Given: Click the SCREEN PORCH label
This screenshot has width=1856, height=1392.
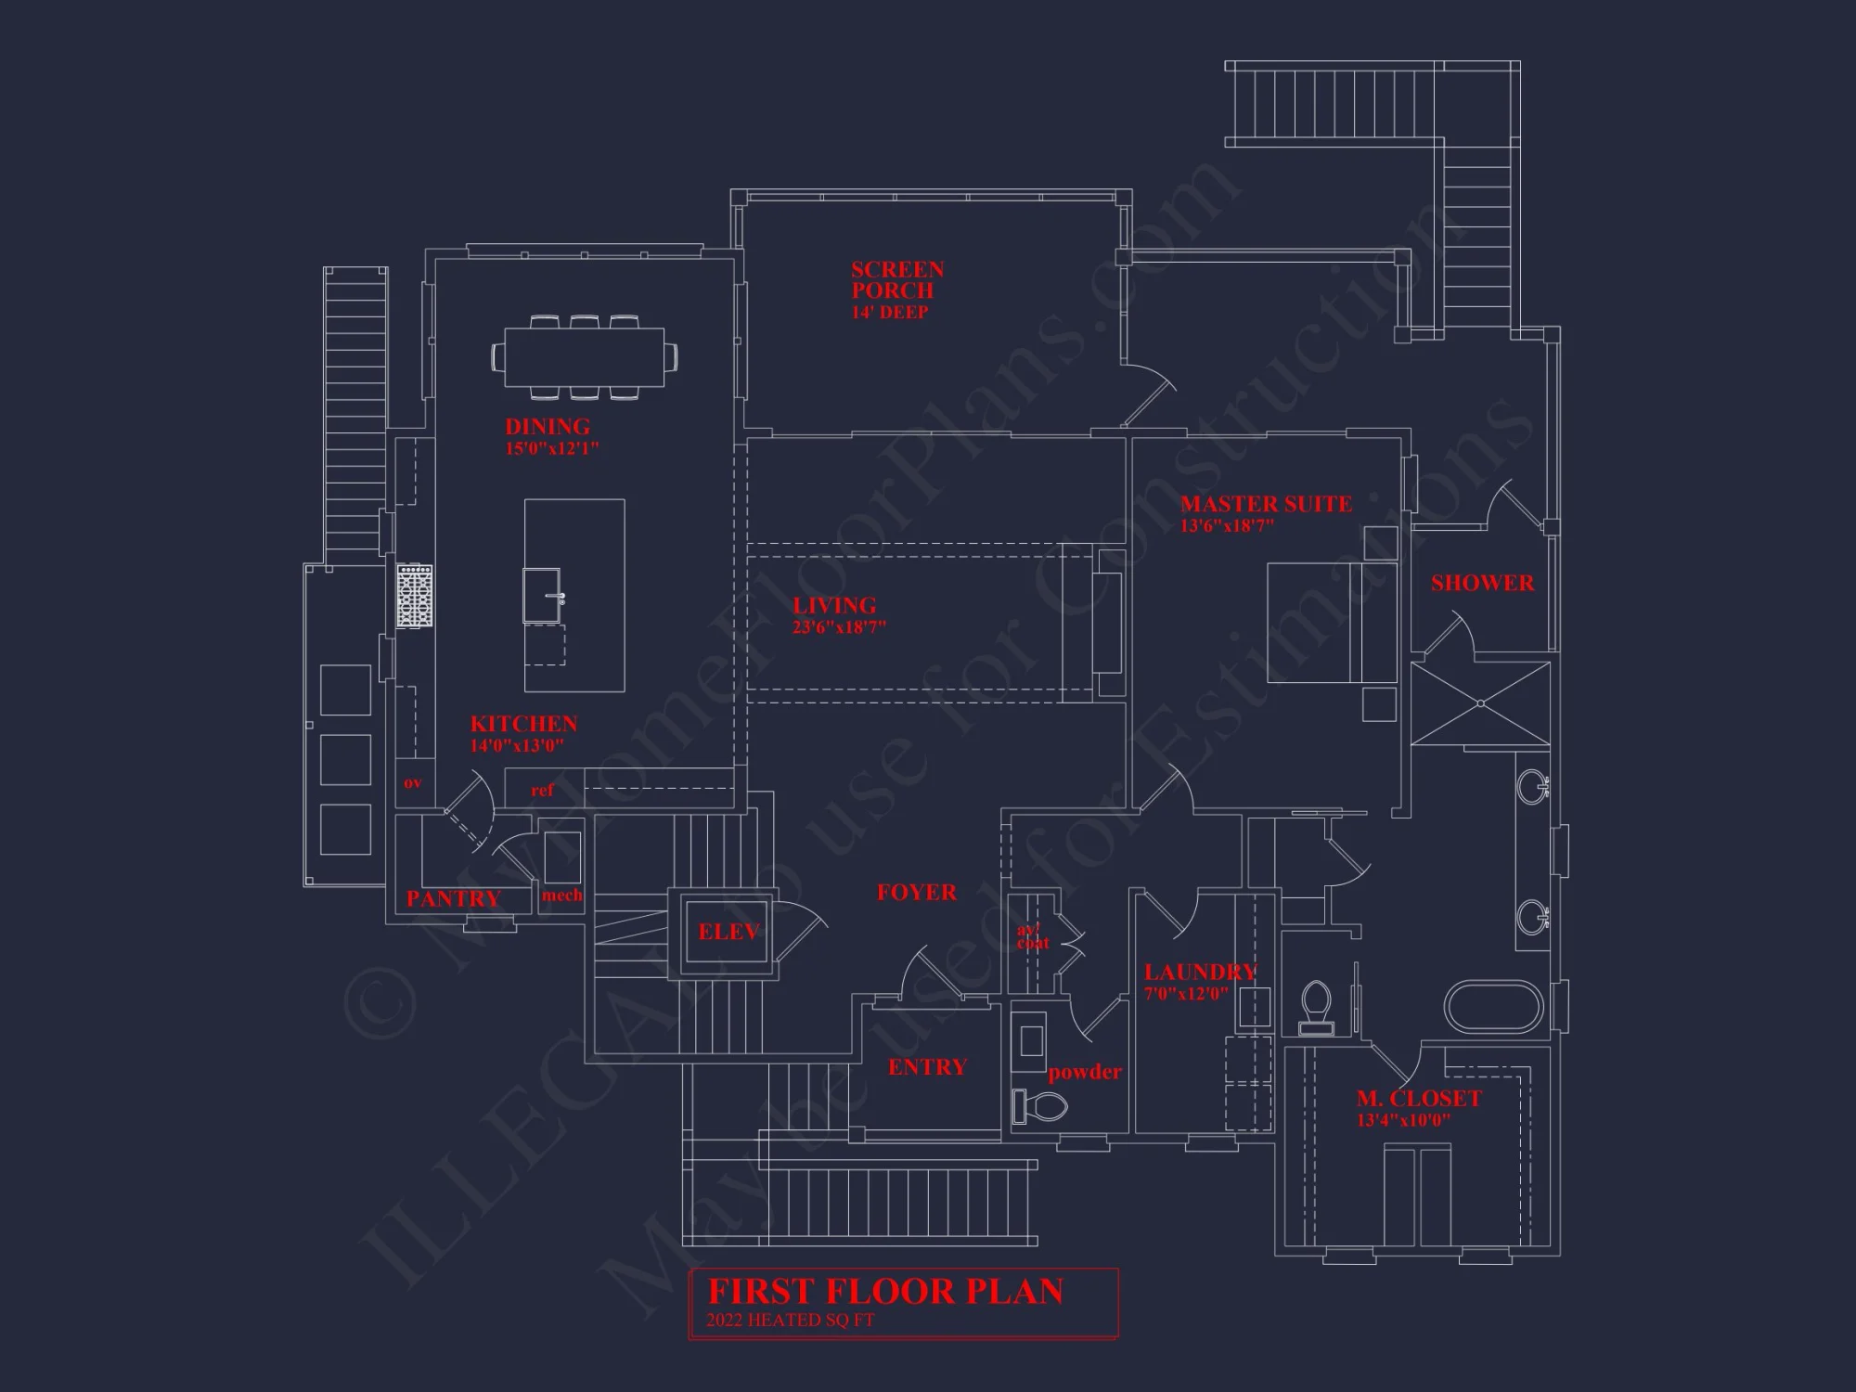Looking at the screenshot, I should pos(896,280).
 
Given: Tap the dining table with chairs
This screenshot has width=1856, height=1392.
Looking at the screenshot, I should pos(585,356).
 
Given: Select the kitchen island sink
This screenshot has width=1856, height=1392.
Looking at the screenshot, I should pos(545,596).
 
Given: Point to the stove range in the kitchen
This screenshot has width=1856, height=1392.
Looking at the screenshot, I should pos(415,596).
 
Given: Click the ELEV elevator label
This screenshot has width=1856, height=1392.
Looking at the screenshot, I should pos(728,932).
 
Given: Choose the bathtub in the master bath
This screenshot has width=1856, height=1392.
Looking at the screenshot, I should pos(1494,1007).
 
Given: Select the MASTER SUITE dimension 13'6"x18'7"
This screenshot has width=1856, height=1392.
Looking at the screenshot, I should pos(1227,526).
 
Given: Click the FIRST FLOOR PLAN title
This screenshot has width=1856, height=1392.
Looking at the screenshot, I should pos(885,1292).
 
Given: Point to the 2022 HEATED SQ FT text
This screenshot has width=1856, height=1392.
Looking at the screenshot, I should pos(790,1321).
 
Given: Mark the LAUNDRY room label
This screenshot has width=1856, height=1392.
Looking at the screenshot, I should pos(1200,973).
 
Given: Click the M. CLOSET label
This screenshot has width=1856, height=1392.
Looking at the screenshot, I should pos(1418,1099).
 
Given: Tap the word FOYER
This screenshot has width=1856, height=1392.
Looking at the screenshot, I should pos(916,893).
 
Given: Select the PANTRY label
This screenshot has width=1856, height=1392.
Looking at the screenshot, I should pos(453,898).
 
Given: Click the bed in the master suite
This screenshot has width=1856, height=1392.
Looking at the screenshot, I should pos(1332,623).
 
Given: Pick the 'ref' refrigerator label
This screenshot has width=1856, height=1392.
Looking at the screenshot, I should pos(542,791).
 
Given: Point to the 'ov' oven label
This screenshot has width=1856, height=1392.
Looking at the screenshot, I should pos(413,783).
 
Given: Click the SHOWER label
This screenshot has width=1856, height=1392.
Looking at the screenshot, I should pos(1482,584).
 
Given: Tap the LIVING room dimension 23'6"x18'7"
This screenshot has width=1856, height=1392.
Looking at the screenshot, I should pos(839,627).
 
